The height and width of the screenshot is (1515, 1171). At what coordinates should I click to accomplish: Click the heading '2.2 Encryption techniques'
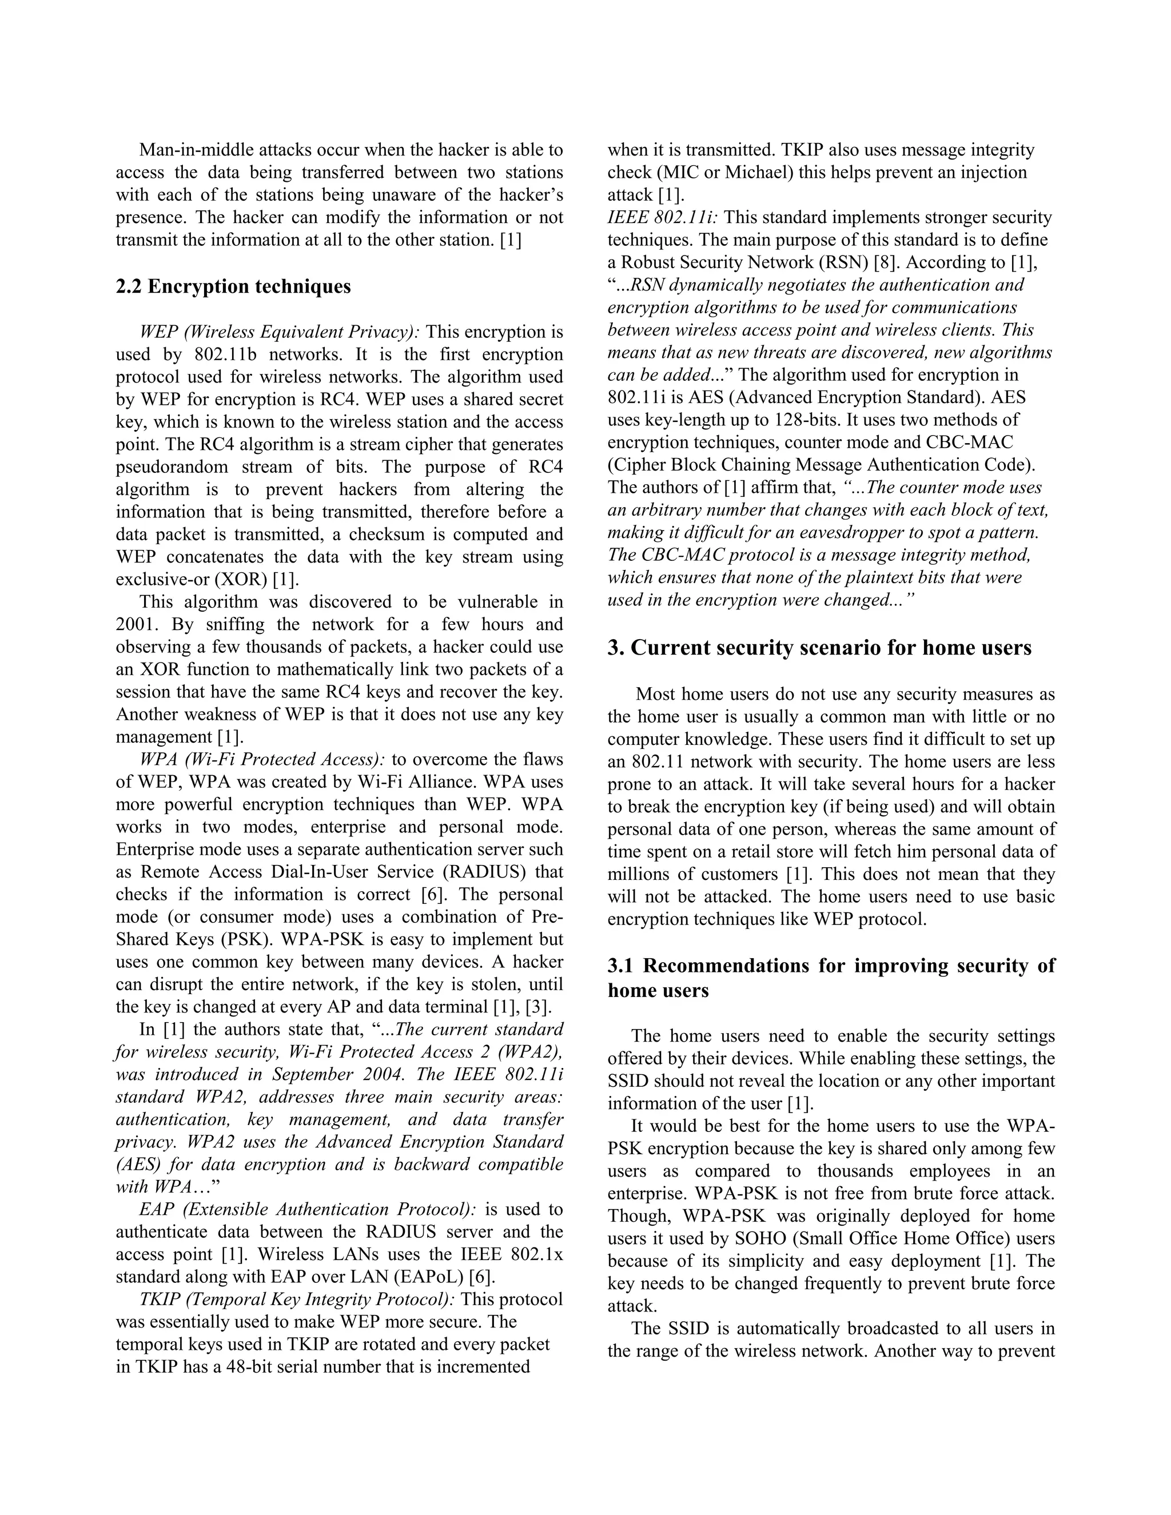(x=233, y=286)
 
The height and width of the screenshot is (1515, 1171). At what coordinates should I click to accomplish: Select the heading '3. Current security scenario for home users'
(x=819, y=647)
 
